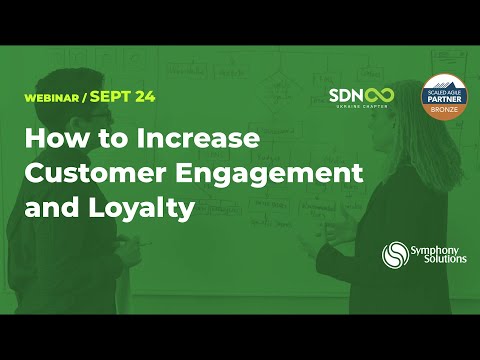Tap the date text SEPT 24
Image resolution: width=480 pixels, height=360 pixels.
click(x=133, y=98)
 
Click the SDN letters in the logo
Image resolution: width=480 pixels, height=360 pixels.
click(x=345, y=95)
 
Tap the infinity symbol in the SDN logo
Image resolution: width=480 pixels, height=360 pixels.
click(x=379, y=95)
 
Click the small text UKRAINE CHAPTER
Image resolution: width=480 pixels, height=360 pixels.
click(x=361, y=108)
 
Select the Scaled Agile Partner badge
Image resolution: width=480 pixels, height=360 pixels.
click(x=446, y=99)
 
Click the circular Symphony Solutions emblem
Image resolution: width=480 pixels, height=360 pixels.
click(x=396, y=254)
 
